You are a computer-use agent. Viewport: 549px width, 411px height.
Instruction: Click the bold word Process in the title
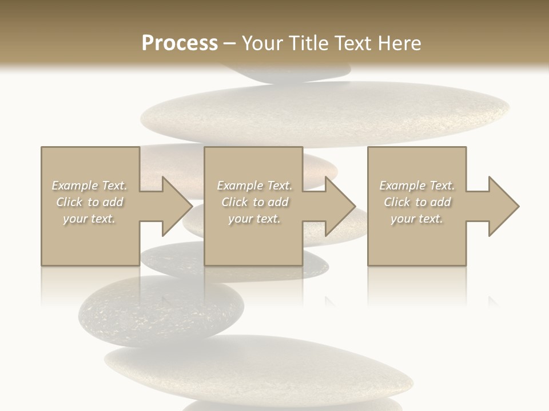coord(180,43)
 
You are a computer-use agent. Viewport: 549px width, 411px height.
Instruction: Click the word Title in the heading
coord(306,43)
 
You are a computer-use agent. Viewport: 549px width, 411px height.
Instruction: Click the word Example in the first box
coord(74,186)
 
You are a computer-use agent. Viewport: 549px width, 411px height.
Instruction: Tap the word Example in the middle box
coord(240,186)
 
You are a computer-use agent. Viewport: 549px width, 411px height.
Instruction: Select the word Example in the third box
coord(402,186)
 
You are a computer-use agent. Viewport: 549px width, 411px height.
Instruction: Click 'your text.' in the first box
coord(89,219)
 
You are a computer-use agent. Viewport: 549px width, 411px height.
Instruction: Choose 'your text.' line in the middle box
coord(254,219)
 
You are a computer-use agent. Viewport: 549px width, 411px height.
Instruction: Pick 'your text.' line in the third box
coord(417,219)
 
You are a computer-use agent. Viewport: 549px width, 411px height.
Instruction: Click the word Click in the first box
coord(69,202)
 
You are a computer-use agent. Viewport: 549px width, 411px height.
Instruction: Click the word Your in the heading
coord(262,43)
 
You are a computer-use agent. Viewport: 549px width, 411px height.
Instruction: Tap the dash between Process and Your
coord(230,43)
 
